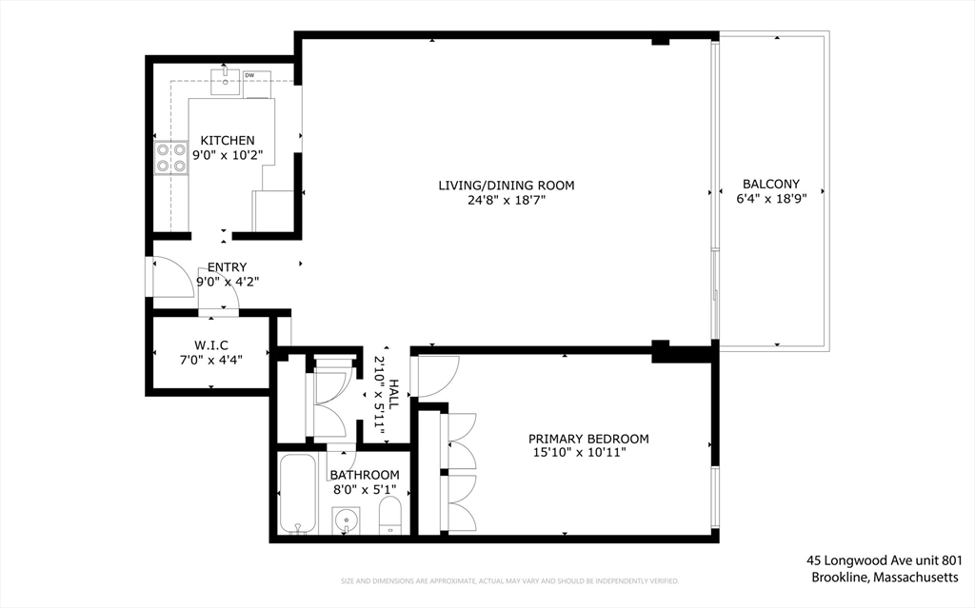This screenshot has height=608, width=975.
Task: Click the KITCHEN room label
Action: tap(227, 140)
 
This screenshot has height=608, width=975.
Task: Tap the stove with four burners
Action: tap(170, 157)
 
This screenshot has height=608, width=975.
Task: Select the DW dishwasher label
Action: tap(249, 75)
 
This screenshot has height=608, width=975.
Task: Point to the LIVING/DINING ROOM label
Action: tap(506, 185)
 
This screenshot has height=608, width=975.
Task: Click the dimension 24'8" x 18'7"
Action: tap(506, 201)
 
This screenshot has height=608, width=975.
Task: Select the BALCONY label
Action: tap(771, 184)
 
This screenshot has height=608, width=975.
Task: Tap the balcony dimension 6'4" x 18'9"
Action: tap(771, 199)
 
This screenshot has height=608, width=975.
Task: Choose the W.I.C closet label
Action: tap(211, 343)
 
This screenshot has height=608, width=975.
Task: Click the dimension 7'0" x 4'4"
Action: tap(211, 359)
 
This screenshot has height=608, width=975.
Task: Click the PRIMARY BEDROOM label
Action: tap(588, 439)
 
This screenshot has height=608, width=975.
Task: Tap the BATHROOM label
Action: tap(365, 475)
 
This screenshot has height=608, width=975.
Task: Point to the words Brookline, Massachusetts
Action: tap(885, 578)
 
